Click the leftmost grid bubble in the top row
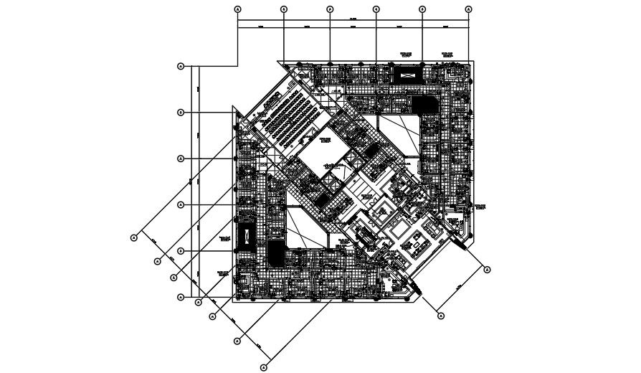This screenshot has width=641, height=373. coord(238,9)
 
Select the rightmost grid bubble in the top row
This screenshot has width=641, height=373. coord(468,9)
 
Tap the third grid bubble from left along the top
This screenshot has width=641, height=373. coord(330,9)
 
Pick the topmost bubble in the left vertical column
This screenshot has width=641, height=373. coord(181,66)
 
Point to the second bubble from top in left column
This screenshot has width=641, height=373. coord(181,113)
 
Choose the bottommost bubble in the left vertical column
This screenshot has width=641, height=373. coord(181,297)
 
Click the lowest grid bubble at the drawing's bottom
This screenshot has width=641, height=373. coord(263,367)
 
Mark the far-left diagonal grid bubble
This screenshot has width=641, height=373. coord(133,237)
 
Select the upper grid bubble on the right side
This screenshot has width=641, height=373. coord(488,270)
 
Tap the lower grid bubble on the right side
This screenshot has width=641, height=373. coord(441,316)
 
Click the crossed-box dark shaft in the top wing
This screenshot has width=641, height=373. coord(407,75)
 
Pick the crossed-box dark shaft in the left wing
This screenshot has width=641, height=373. coord(246,235)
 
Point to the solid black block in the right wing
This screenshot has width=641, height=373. coord(419,106)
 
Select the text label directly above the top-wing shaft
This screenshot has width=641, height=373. coord(407,54)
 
